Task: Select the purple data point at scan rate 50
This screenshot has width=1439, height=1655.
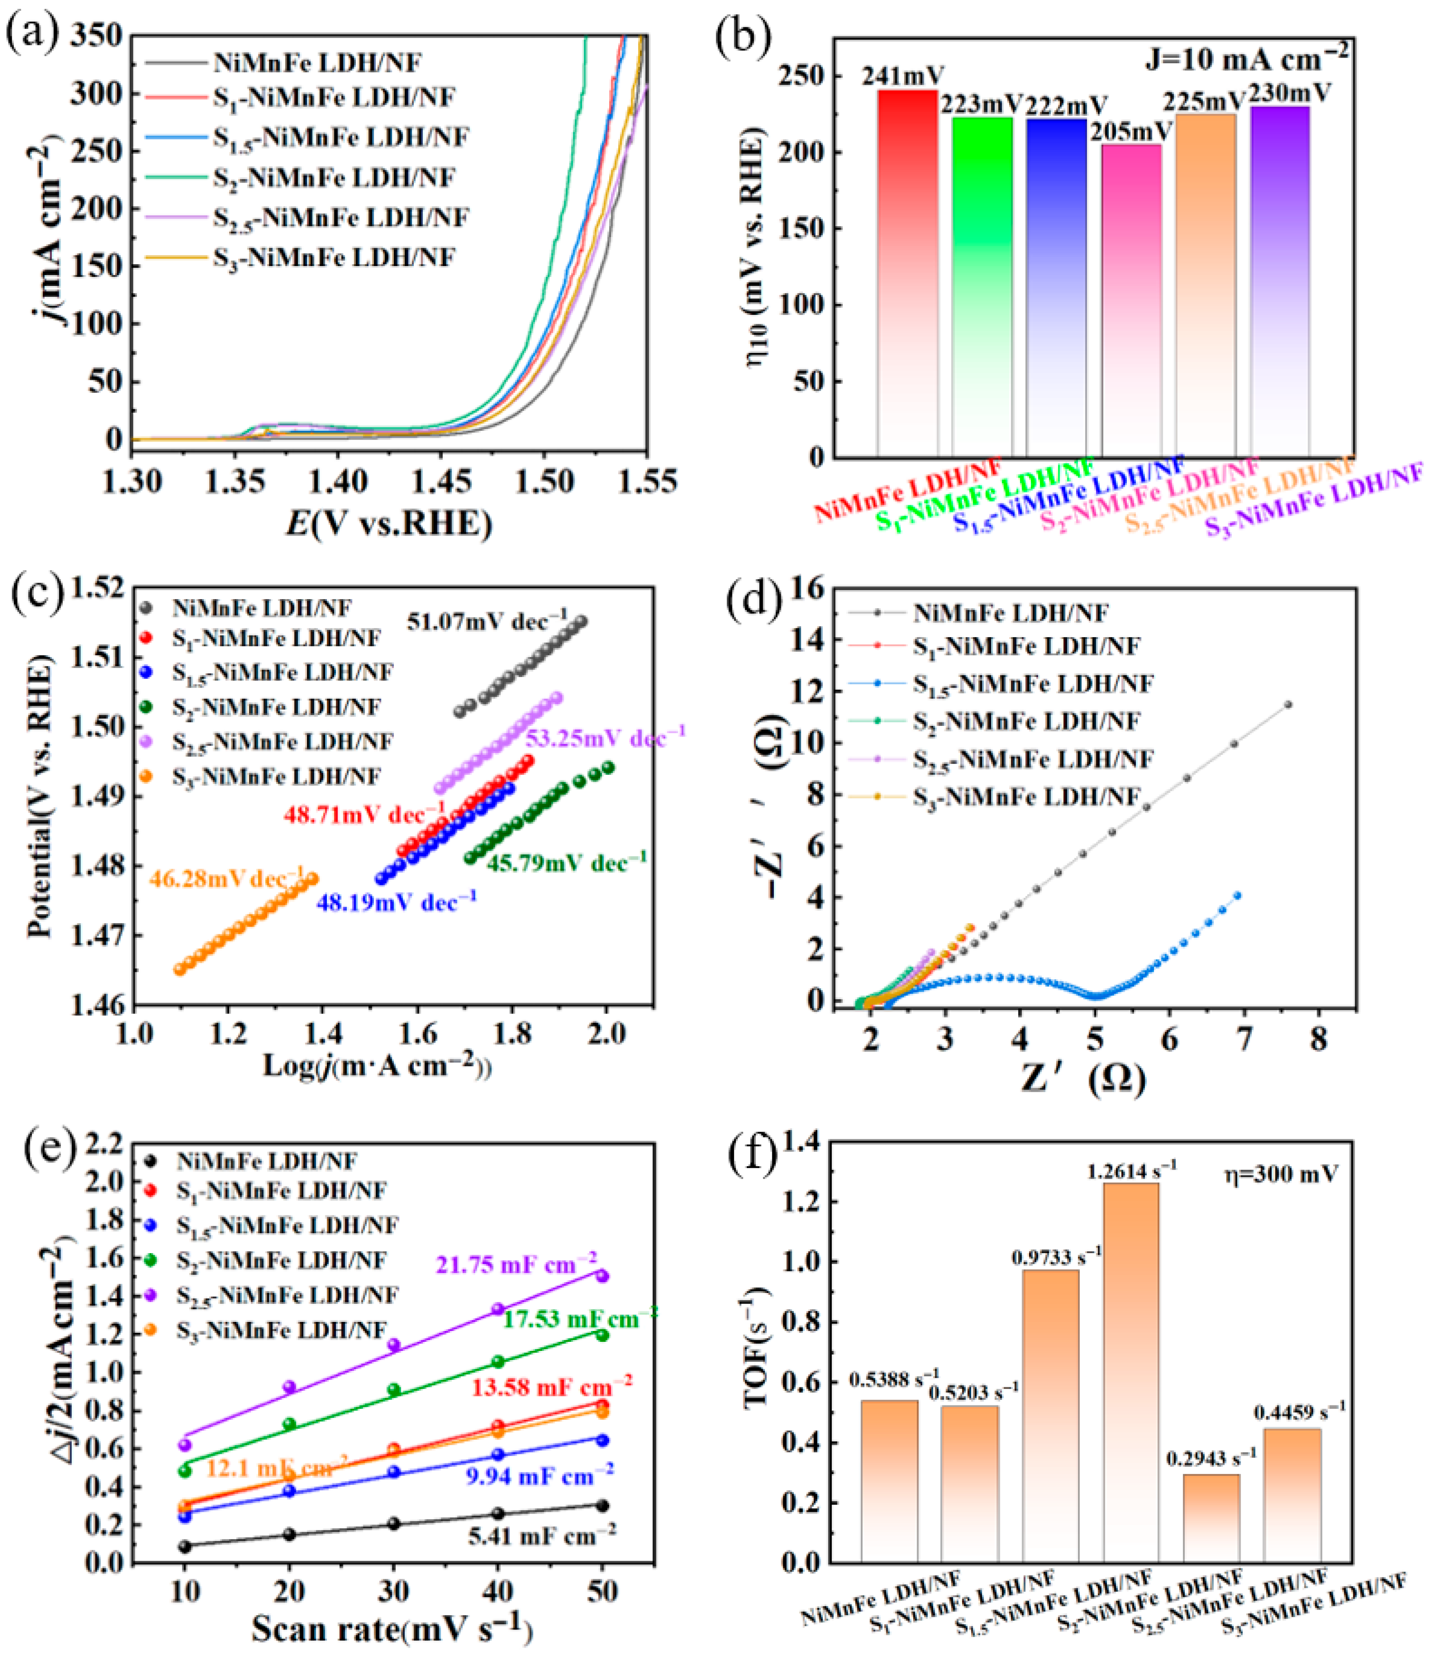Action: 602,1276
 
